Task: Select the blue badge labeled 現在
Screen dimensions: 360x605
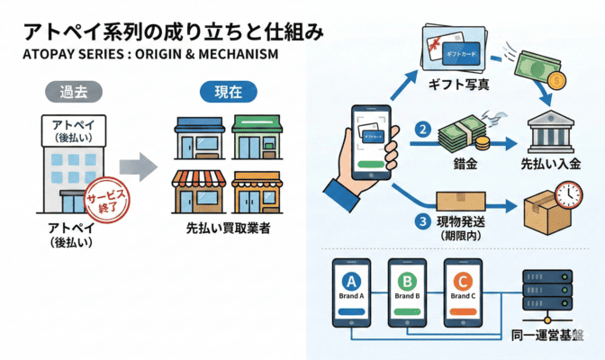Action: pos(226,92)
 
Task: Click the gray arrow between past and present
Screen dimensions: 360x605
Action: pos(139,167)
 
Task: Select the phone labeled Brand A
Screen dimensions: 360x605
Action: pos(352,293)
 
